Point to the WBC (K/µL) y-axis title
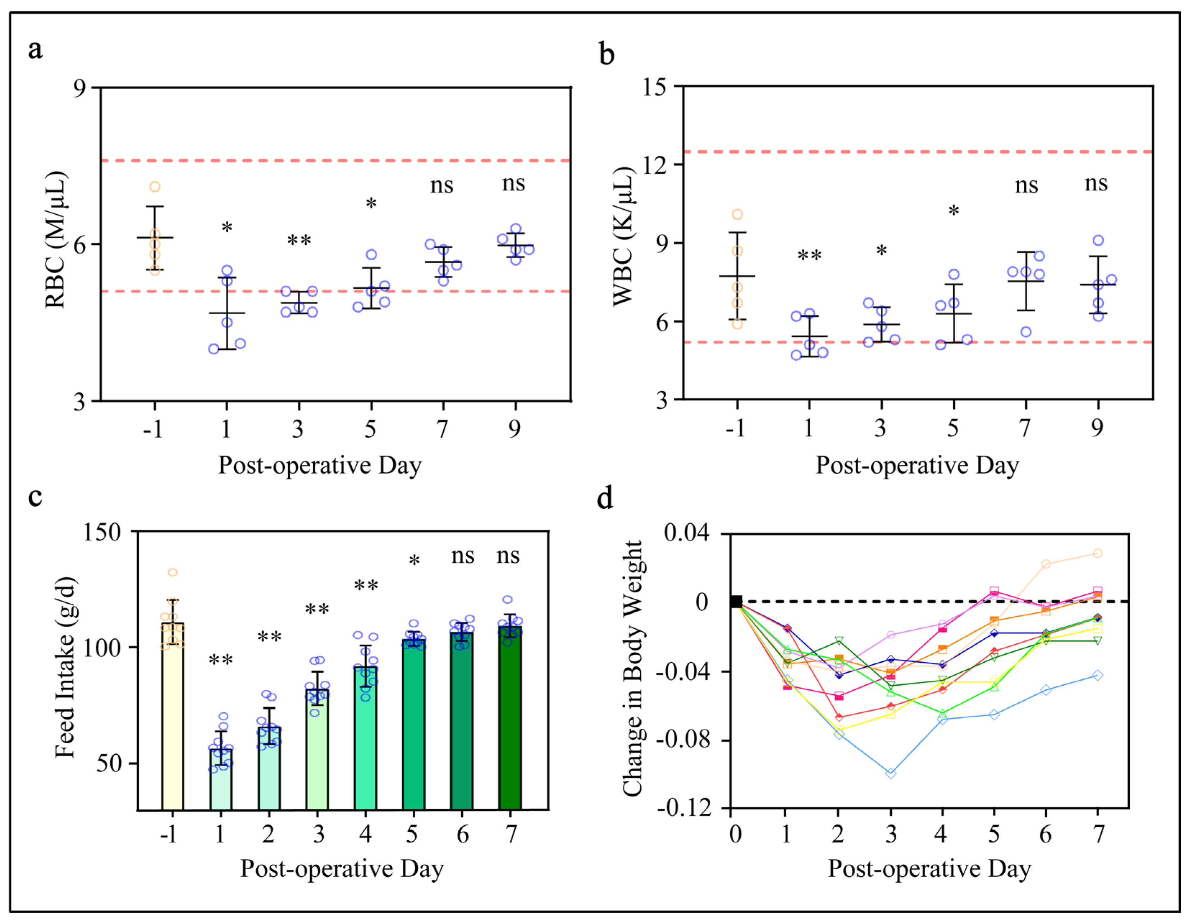624,237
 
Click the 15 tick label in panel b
654,87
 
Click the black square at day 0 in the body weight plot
736,602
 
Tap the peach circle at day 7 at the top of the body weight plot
1098,553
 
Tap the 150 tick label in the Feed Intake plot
102,532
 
